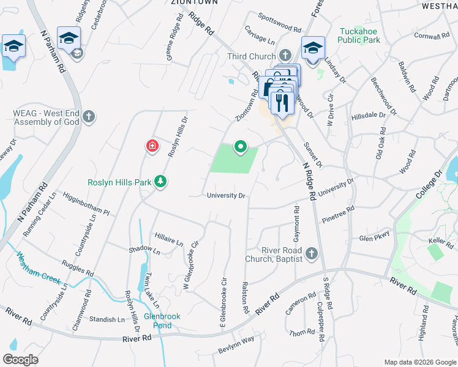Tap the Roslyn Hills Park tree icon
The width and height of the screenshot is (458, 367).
coord(160,181)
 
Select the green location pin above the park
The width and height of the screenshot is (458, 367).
coord(241,146)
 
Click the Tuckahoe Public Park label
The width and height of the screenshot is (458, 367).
coord(359,35)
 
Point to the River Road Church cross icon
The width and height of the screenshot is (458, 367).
coord(312,253)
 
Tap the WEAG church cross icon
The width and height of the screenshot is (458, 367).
coord(89,116)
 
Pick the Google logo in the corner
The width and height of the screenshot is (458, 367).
coord(20,360)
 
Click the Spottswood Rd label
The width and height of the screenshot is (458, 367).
coord(279,24)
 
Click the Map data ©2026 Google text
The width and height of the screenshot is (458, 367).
coord(420,361)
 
